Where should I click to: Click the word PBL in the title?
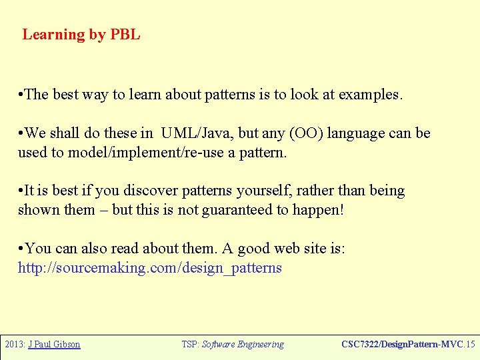click(125, 35)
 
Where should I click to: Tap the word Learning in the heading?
click(54, 35)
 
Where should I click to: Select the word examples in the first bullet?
click(370, 95)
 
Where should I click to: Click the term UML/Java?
click(197, 133)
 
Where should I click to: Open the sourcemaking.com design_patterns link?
click(150, 268)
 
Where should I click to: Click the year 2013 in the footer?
click(14, 345)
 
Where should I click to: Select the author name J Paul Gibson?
click(54, 345)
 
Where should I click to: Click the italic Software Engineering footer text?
click(243, 345)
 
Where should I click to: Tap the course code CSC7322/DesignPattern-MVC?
click(402, 345)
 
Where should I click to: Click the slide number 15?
click(471, 345)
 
